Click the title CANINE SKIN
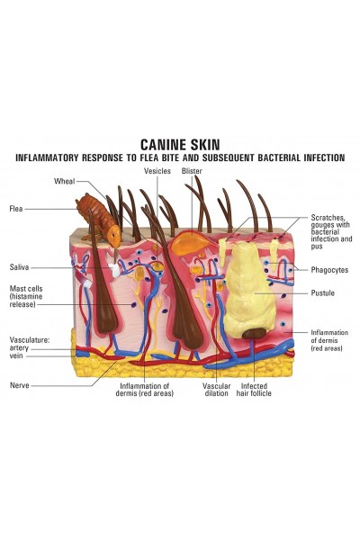(180, 144)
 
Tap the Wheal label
(65, 181)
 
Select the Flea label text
(16, 209)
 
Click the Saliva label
(19, 267)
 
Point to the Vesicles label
(157, 171)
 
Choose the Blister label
(192, 171)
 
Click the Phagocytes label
(329, 270)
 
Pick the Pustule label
(323, 293)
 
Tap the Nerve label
(20, 385)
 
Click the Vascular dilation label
(216, 390)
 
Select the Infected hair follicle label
(254, 390)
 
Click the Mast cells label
(26, 296)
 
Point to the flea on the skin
(99, 220)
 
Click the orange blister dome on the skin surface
(190, 242)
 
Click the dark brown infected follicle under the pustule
(254, 333)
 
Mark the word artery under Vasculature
(19, 348)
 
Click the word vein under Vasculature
(16, 355)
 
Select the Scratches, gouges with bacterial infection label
(331, 232)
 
